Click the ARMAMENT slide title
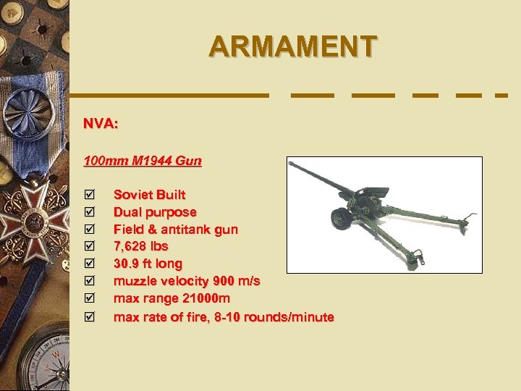[x=292, y=46]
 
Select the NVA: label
[x=101, y=124]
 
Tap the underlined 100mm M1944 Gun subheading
[x=143, y=160]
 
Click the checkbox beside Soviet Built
[x=89, y=195]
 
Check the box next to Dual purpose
[x=89, y=212]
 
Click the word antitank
[x=191, y=230]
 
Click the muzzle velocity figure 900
[x=225, y=282]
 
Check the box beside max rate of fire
[x=89, y=317]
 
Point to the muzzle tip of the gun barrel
[x=290, y=163]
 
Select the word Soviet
[x=130, y=195]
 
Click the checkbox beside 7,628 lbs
[x=89, y=247]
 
